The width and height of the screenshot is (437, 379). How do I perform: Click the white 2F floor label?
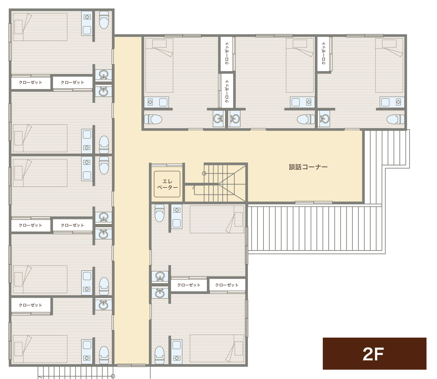coord(373,354)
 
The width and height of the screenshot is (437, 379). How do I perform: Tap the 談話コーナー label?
coord(308,167)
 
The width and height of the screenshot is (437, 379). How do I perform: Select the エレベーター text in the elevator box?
coord(167,184)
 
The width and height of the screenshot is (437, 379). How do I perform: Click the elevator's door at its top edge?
coord(167,165)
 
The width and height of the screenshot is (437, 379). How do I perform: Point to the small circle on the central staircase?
coord(204,173)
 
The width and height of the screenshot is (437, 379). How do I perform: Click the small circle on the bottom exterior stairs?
coord(113,376)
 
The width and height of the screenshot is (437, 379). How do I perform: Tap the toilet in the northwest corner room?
coord(104,20)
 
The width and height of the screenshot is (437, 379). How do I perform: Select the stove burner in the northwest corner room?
coord(87,17)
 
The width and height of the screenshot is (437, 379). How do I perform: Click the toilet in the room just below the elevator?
coord(159,213)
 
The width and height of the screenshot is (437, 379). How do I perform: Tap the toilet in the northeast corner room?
coord(396,119)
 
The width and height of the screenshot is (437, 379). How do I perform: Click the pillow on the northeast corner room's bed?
coord(389,44)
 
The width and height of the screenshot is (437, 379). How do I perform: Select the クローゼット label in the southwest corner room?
coord(30,305)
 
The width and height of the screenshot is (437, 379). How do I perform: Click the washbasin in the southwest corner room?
coord(103,305)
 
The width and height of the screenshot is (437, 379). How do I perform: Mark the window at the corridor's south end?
coord(131,366)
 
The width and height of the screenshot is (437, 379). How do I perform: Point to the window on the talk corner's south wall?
coord(314,203)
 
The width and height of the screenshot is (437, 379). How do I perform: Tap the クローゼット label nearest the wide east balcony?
coord(227,285)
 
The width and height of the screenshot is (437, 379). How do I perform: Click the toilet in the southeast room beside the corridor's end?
coord(159,355)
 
